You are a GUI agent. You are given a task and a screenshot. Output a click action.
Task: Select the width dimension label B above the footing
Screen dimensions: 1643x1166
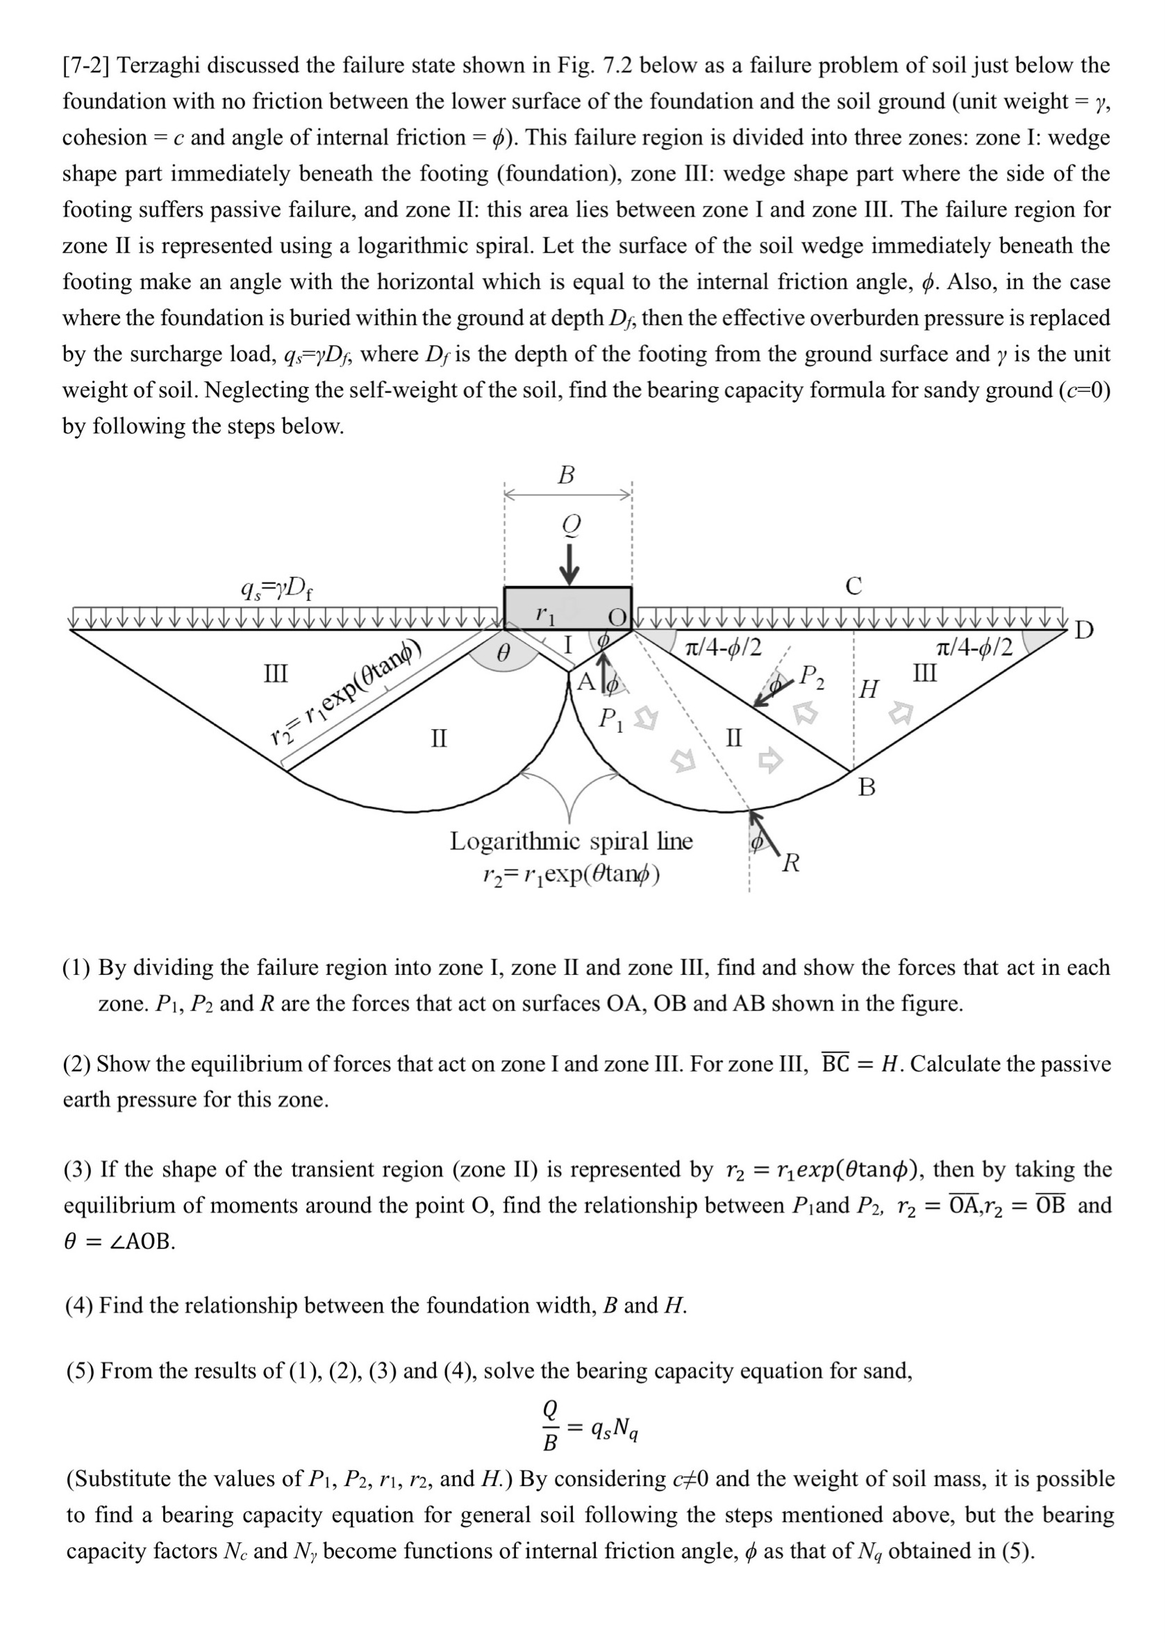tap(567, 475)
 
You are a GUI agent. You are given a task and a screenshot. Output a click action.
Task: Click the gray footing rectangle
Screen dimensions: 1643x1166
tap(567, 608)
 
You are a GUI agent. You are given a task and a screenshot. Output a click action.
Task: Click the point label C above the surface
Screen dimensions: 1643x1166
tap(853, 586)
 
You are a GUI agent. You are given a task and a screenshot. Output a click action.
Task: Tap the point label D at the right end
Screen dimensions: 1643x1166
tap(1084, 631)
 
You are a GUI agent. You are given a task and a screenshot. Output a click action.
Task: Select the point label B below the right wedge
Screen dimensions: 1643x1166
tap(867, 788)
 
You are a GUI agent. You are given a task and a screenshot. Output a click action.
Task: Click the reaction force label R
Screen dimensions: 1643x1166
tap(791, 862)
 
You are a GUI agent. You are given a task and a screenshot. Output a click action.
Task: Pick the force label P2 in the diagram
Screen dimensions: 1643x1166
tap(812, 676)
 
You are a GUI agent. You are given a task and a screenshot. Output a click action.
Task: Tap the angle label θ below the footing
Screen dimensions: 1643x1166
tap(504, 654)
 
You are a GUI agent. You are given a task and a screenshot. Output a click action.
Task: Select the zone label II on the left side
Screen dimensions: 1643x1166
tap(439, 737)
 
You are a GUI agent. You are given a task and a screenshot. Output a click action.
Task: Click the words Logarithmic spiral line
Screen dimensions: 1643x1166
tap(571, 840)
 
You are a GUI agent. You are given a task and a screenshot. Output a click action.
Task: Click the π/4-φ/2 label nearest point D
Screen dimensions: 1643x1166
tap(974, 648)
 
